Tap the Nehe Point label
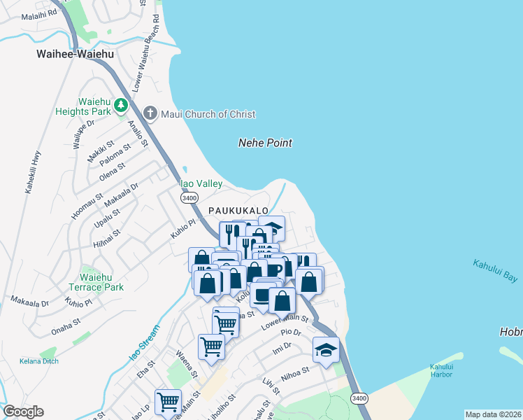265,143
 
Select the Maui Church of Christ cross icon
150,113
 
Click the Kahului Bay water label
495,271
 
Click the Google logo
23,412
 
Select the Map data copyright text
493,414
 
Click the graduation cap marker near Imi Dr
326,350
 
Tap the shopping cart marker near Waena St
210,346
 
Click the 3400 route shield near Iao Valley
189,198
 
